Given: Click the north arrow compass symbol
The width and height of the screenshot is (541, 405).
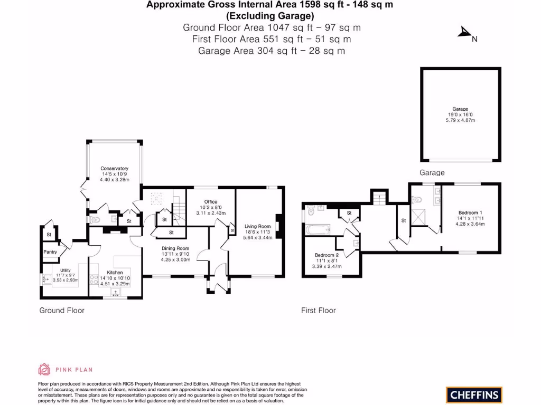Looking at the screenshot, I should pyautogui.click(x=464, y=34).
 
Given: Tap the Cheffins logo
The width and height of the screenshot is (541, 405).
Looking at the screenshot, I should pyautogui.click(x=473, y=394).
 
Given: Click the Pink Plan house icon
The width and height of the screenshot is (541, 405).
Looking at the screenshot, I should pyautogui.click(x=44, y=369).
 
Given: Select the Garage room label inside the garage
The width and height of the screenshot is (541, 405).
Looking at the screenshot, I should pyautogui.click(x=460, y=109).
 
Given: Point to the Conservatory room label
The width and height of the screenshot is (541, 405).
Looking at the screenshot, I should pyautogui.click(x=115, y=169).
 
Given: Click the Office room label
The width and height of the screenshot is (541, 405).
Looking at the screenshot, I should pyautogui.click(x=211, y=201).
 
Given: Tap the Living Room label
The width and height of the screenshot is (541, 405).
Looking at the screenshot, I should pyautogui.click(x=257, y=226).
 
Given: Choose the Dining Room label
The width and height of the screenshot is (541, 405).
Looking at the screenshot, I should pyautogui.click(x=175, y=248).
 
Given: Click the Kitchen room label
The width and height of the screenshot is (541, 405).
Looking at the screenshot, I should pyautogui.click(x=111, y=273).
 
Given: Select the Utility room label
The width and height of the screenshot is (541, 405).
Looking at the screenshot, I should pyautogui.click(x=65, y=271).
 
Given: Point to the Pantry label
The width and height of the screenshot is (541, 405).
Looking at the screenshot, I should pyautogui.click(x=50, y=252).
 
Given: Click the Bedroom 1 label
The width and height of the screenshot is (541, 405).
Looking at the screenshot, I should pyautogui.click(x=471, y=213).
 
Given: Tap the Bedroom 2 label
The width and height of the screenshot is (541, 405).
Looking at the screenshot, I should pyautogui.click(x=326, y=255).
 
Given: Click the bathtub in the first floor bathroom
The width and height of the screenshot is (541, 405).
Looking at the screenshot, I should pyautogui.click(x=318, y=228).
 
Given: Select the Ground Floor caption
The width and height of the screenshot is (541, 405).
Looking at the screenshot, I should pyautogui.click(x=62, y=311).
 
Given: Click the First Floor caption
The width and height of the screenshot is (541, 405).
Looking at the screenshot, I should pyautogui.click(x=318, y=311).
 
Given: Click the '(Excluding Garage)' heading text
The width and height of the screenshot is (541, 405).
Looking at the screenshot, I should pyautogui.click(x=270, y=15).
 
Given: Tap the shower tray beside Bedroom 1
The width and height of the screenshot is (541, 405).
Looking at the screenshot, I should pyautogui.click(x=421, y=216).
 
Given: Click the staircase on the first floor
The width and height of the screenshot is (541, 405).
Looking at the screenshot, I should pyautogui.click(x=379, y=199).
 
